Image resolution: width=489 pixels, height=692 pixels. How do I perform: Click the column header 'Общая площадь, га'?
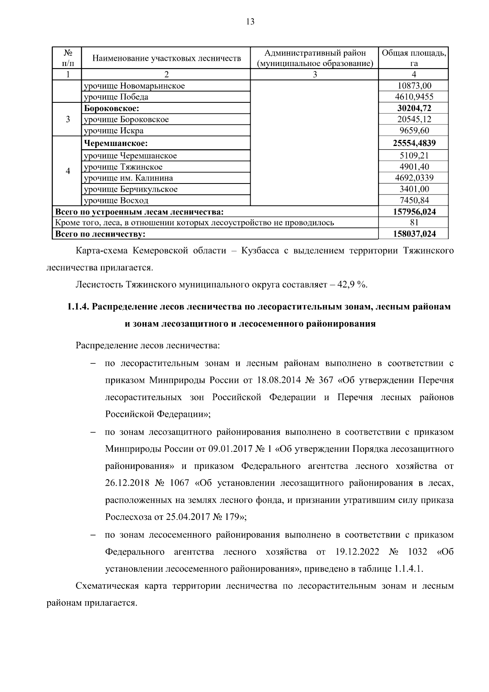click(414, 58)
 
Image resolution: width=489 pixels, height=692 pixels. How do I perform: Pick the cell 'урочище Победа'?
click(116, 97)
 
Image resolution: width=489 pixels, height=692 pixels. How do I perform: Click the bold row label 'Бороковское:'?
click(112, 108)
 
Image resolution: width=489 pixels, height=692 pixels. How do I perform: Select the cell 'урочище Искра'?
click(114, 131)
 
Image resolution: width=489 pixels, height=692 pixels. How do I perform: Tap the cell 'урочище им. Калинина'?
click(128, 178)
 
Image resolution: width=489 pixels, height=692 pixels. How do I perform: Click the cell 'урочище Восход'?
click(116, 201)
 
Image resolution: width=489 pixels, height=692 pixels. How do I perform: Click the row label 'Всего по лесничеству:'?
click(100, 234)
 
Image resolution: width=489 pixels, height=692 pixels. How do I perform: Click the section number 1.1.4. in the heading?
click(78, 307)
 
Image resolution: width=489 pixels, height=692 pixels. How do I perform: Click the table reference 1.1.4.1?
click(408, 569)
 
